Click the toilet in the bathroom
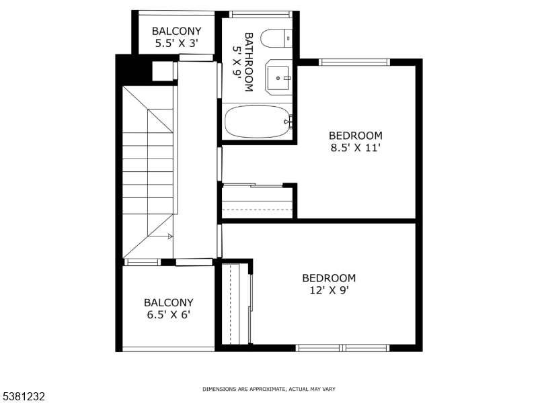pyautogui.click(x=275, y=39)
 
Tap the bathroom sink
pyautogui.click(x=278, y=78)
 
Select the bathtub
pyautogui.click(x=258, y=122)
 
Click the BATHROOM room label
pyautogui.click(x=248, y=62)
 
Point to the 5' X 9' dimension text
pyautogui.click(x=237, y=62)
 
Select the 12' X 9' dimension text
pyautogui.click(x=329, y=290)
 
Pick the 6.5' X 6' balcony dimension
pyautogui.click(x=168, y=315)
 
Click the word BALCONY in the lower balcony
pyautogui.click(x=168, y=303)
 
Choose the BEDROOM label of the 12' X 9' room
pyautogui.click(x=329, y=278)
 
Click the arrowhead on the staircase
pyautogui.click(x=170, y=236)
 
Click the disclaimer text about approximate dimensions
pyautogui.click(x=269, y=389)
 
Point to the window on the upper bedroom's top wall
pyautogui.click(x=354, y=62)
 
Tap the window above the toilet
pyautogui.click(x=260, y=14)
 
